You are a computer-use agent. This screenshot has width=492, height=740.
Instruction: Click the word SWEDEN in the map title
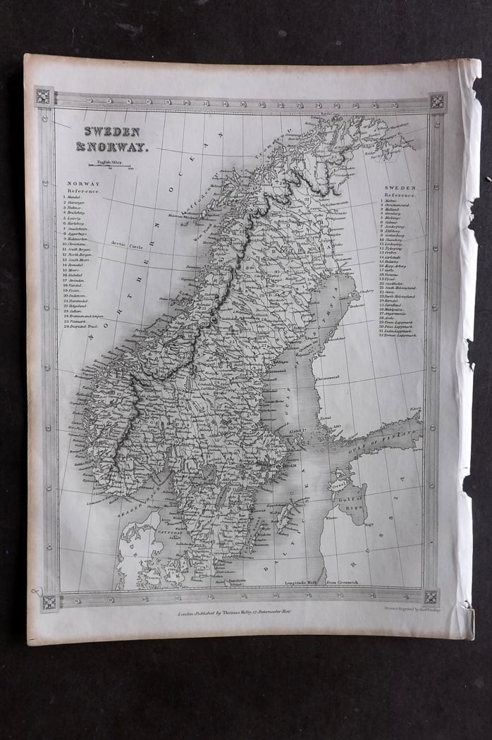103,132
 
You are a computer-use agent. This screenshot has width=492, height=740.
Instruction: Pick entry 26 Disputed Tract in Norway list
86,326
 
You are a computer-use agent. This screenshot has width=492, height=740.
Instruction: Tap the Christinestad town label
326,378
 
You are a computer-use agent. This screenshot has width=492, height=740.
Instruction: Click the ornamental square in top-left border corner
44,97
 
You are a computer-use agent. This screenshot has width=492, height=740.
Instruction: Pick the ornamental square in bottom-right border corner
431,598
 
